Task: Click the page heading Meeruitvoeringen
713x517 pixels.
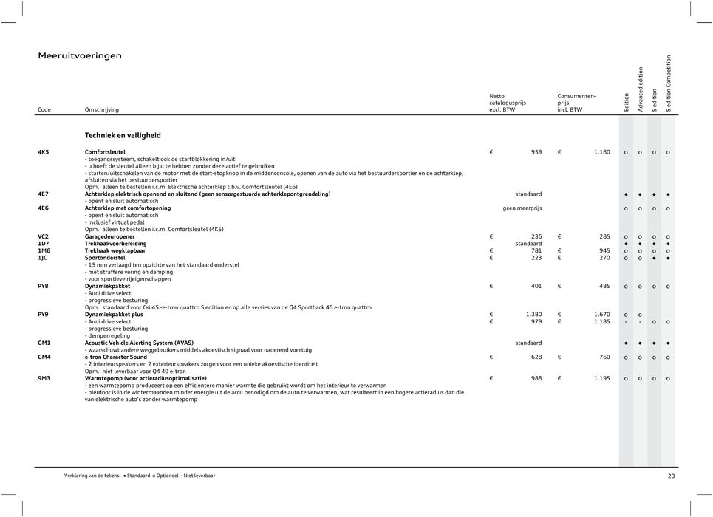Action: (80, 56)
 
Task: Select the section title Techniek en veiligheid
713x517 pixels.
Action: (123, 136)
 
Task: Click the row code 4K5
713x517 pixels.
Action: (44, 152)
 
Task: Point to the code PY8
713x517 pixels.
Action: (44, 286)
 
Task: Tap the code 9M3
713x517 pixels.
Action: (44, 378)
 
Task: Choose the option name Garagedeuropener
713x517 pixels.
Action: (115, 236)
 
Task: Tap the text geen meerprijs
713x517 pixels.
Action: (522, 208)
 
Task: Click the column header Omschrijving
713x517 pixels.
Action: (102, 110)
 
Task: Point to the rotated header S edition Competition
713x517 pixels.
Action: (669, 83)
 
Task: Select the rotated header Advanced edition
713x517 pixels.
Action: (641, 89)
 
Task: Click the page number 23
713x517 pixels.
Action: (671, 476)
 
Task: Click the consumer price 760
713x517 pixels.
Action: (604, 357)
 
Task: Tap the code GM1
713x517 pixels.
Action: (44, 343)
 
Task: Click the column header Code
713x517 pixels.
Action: (44, 110)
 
